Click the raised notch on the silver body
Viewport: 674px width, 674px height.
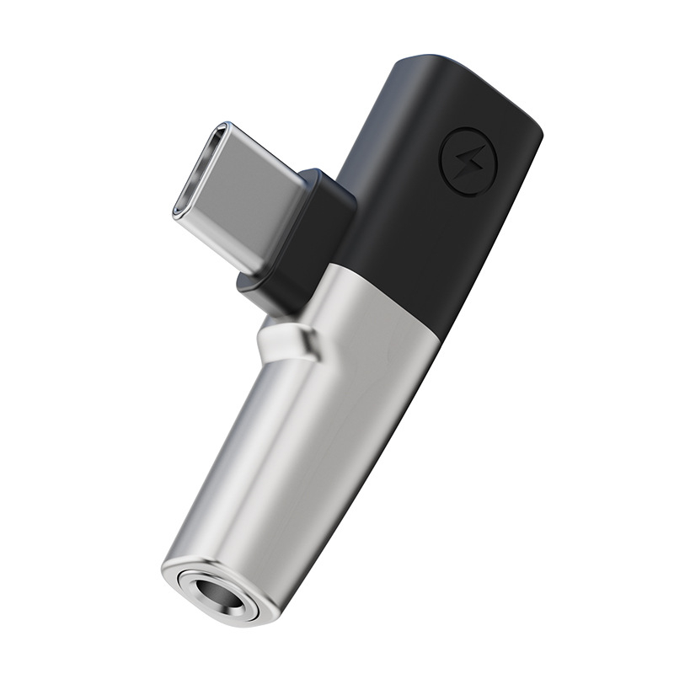[286, 341]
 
